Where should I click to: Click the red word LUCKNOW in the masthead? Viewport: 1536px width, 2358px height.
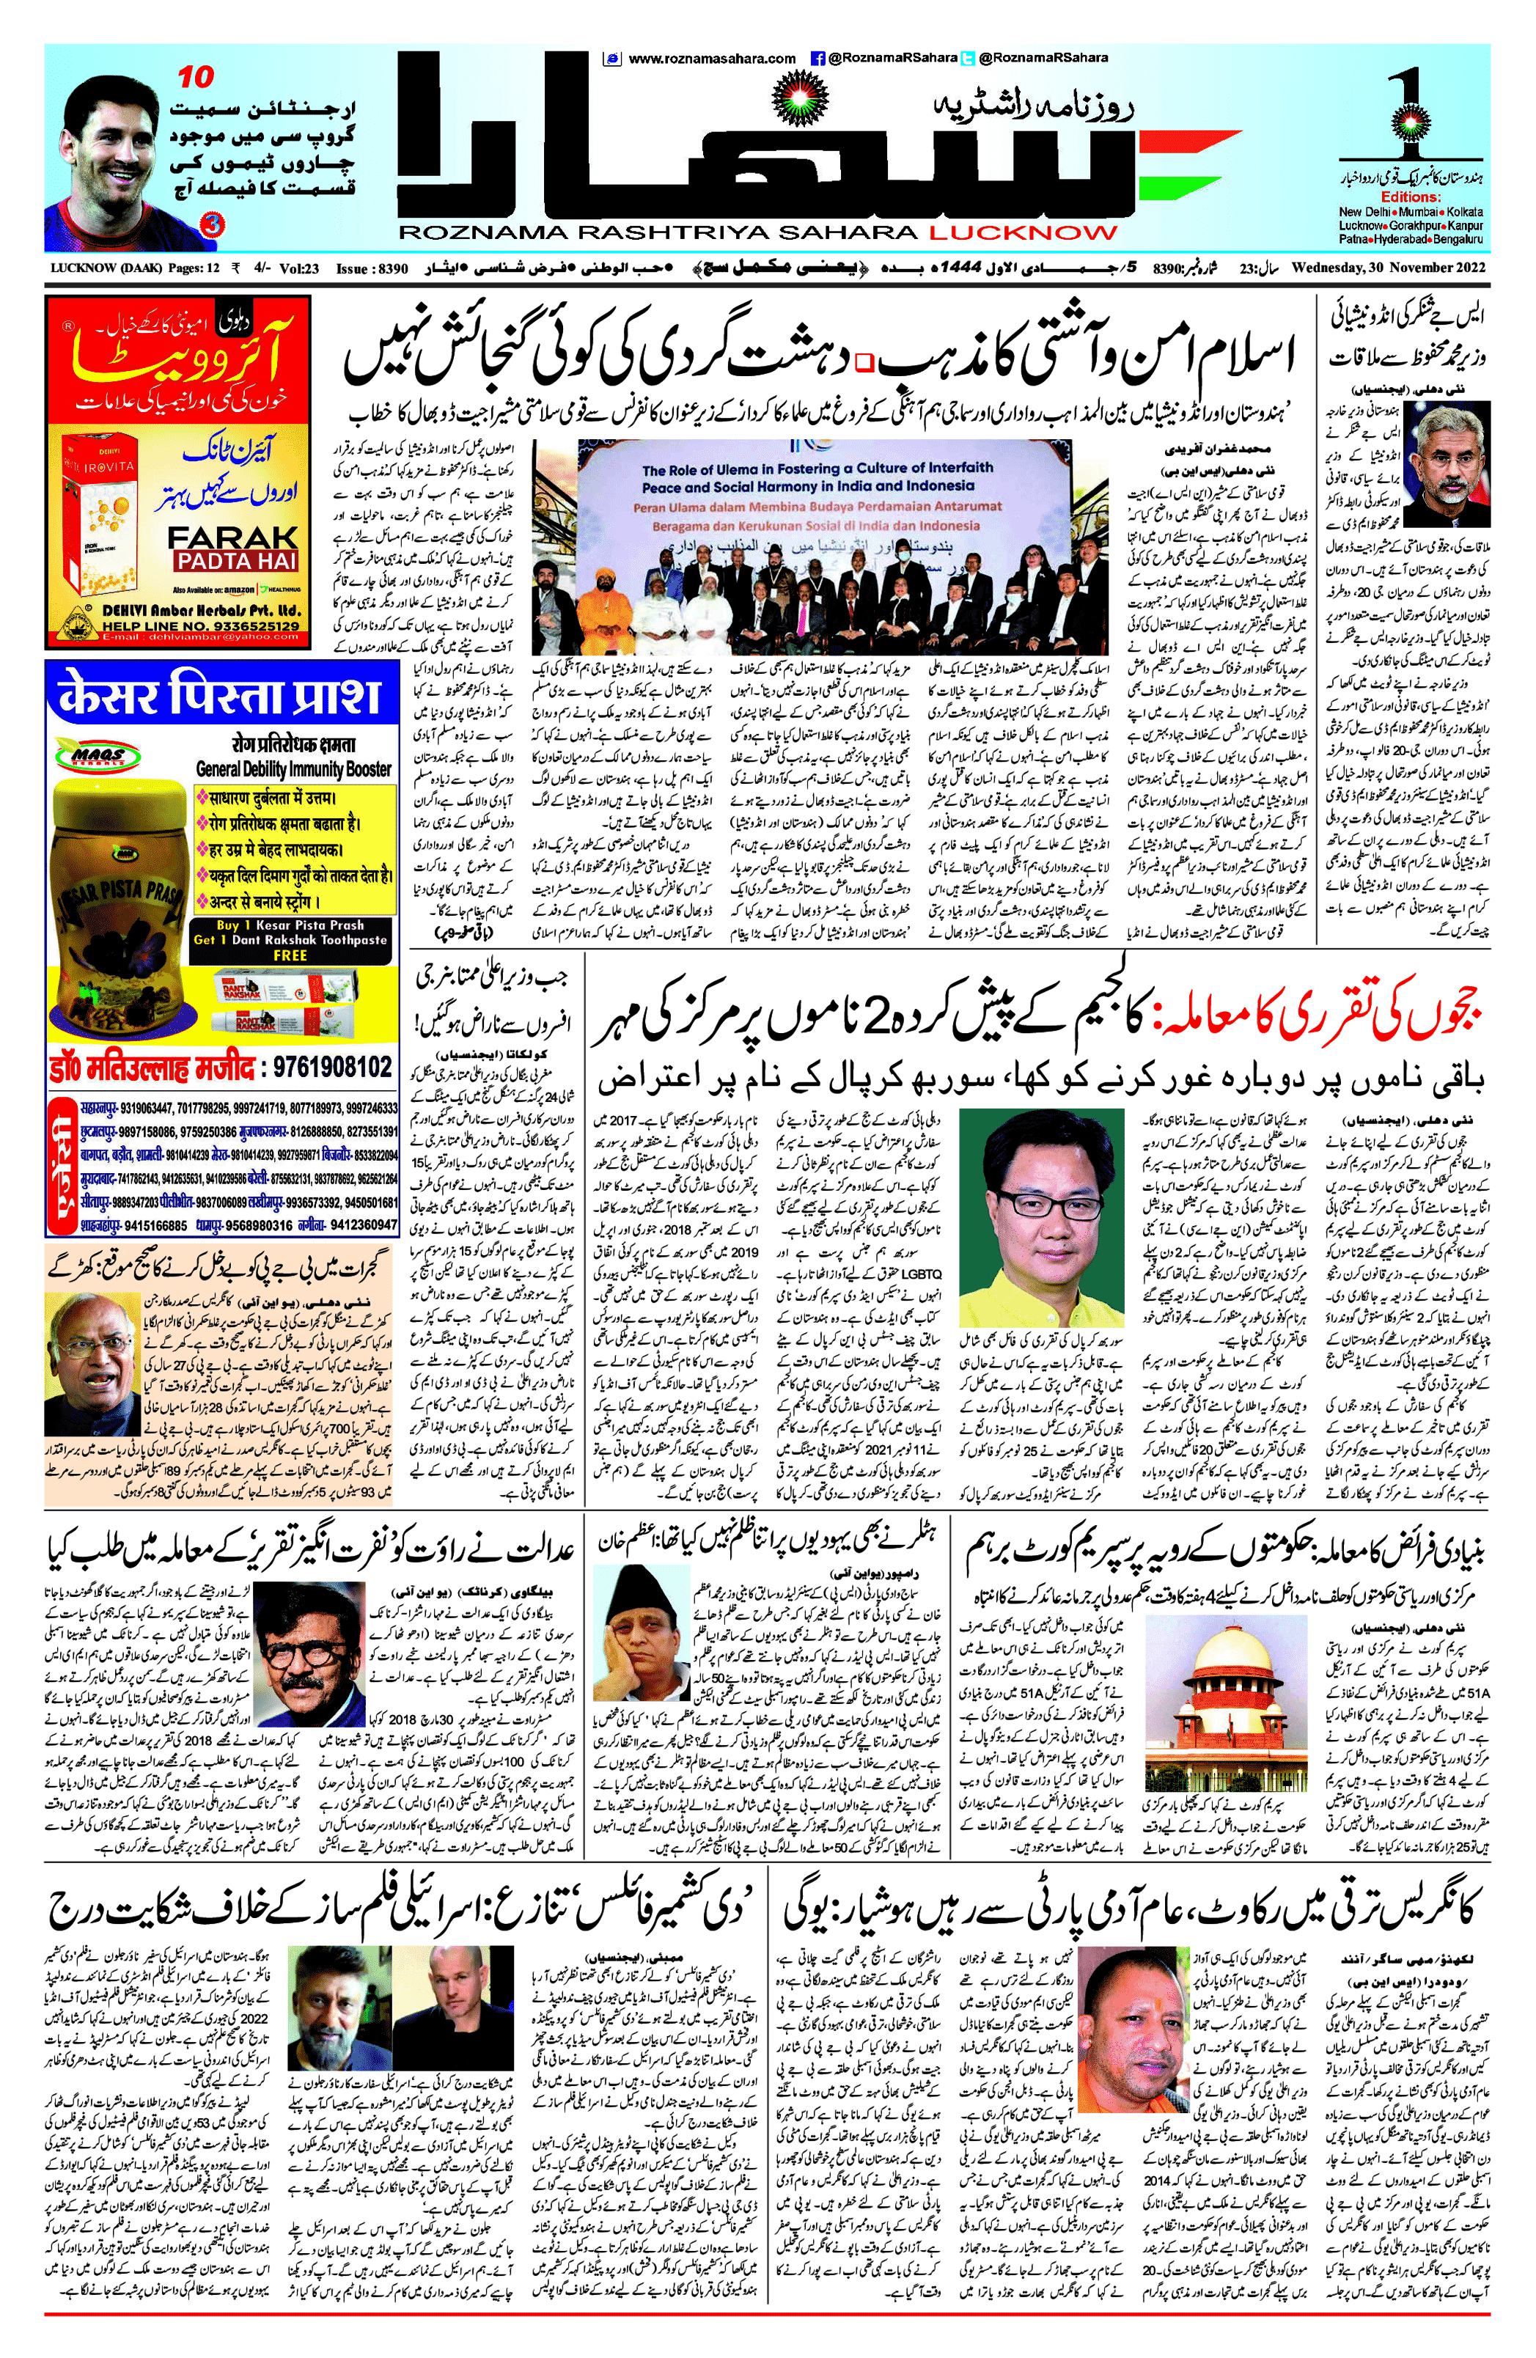click(x=1022, y=234)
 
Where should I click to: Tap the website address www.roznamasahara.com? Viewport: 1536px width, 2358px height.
click(x=711, y=59)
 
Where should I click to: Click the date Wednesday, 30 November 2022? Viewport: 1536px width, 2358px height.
click(x=1387, y=268)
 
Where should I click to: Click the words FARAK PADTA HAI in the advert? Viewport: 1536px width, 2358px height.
click(x=233, y=548)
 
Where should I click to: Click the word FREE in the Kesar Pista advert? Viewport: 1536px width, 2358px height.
click(x=290, y=955)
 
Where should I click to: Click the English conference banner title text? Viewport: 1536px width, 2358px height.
click(x=817, y=477)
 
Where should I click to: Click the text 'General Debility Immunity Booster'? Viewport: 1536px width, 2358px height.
click(x=293, y=769)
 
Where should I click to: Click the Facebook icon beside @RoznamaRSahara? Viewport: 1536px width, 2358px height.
click(x=818, y=59)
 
